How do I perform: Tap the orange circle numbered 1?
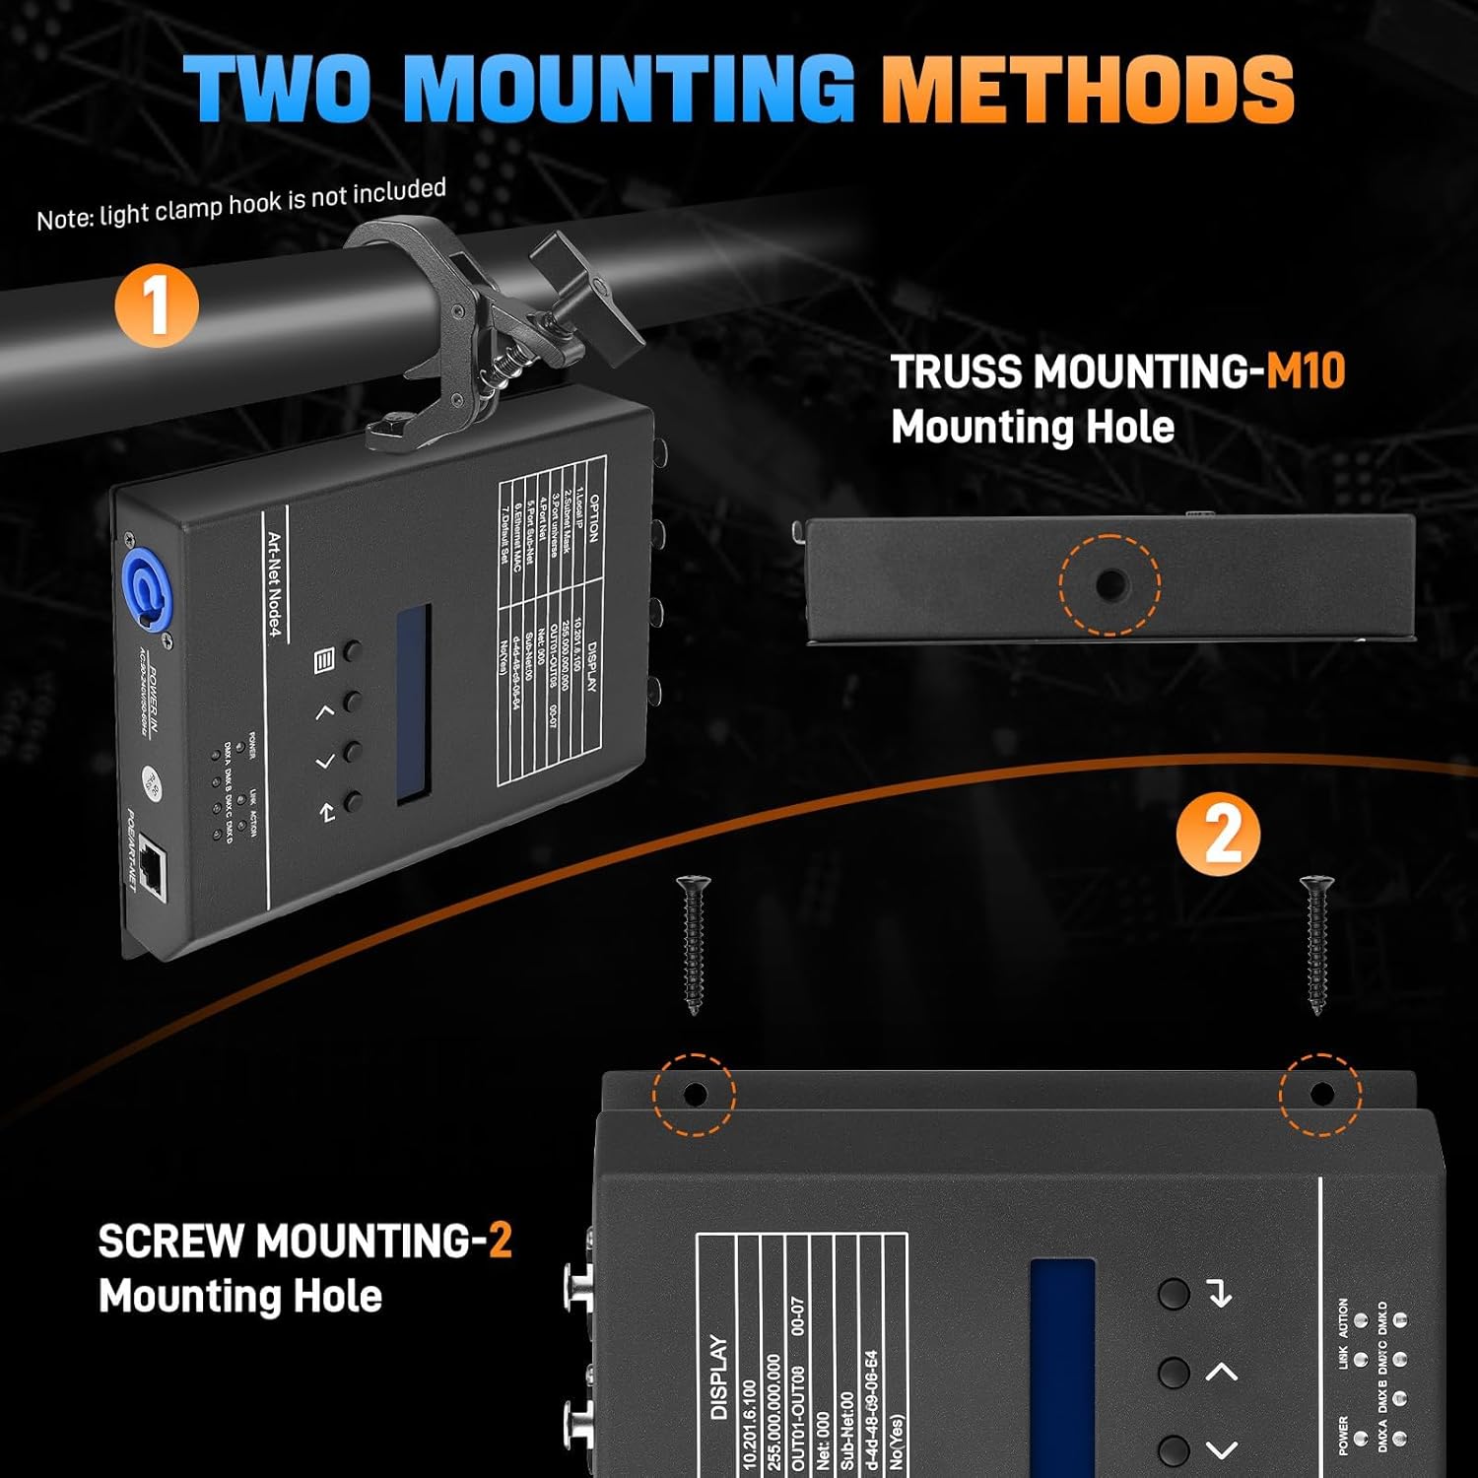[157, 306]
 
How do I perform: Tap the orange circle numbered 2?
[1218, 835]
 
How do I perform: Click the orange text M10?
[1306, 372]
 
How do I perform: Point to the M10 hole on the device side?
[1109, 584]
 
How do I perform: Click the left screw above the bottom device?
[694, 944]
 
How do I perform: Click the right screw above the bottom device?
[1315, 944]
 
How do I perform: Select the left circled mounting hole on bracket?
[695, 1094]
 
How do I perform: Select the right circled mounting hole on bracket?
[1321, 1094]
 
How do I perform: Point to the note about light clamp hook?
[241, 204]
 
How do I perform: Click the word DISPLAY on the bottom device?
[719, 1377]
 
